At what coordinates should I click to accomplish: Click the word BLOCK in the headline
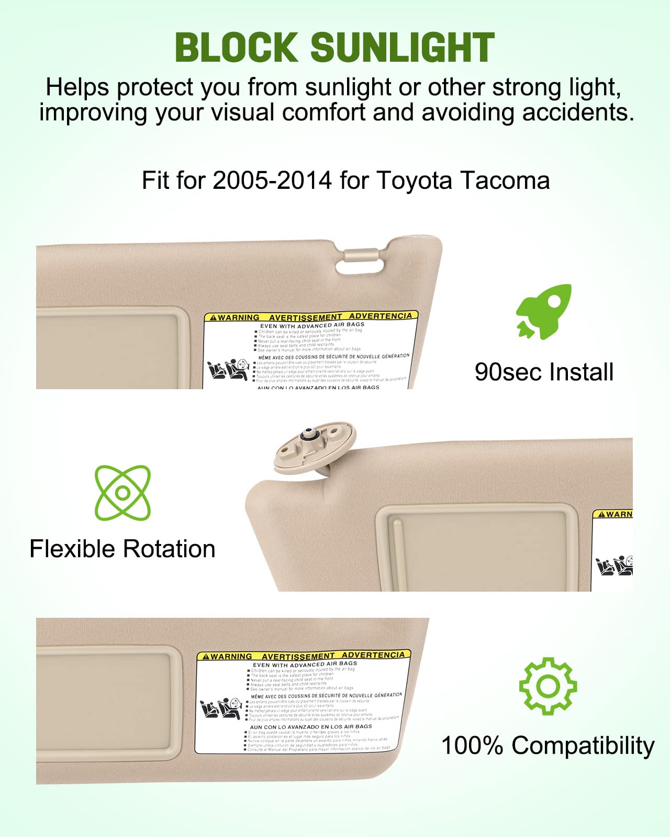tap(236, 47)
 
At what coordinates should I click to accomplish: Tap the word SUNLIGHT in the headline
tap(403, 47)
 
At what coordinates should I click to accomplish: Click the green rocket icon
tap(543, 312)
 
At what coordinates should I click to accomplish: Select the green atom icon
tap(122, 493)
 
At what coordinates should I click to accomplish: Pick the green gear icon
tap(548, 686)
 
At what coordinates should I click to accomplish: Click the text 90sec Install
tap(544, 372)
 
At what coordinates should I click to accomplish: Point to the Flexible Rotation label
tap(122, 549)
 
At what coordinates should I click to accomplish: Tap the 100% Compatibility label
tap(548, 745)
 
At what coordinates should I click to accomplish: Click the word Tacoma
tap(505, 180)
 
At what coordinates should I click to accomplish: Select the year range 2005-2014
tap(272, 180)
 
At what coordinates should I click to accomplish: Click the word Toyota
tap(414, 180)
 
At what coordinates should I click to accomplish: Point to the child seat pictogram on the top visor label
tap(228, 370)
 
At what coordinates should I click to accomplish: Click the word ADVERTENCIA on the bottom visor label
tap(373, 655)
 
